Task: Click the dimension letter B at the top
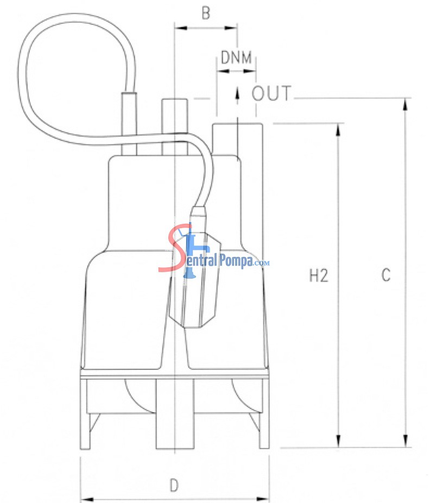click(206, 13)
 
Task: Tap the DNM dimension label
click(236, 58)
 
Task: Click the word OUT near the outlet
click(271, 93)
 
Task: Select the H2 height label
click(319, 275)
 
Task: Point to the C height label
click(386, 275)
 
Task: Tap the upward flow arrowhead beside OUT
click(237, 91)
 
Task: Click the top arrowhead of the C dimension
click(406, 105)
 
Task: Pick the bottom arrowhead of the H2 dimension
click(338, 441)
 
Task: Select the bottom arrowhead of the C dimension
click(406, 441)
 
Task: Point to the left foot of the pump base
click(85, 414)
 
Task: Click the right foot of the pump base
click(264, 414)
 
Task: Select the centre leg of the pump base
click(175, 414)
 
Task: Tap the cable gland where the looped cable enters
click(129, 123)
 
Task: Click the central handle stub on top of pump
click(175, 127)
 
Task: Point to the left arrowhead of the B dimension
click(181, 28)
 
